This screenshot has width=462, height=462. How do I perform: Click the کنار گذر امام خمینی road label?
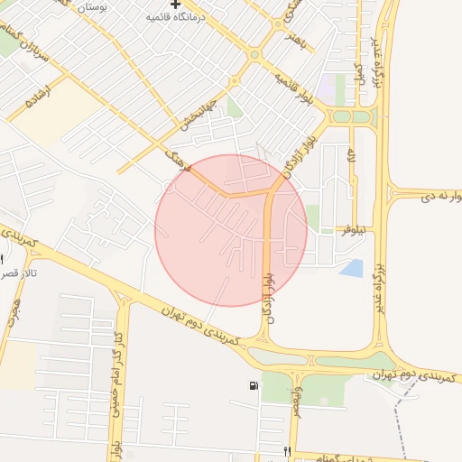tap(115, 370)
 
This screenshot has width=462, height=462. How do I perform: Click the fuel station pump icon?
tap(250, 387)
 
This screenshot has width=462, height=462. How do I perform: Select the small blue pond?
tap(353, 268)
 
